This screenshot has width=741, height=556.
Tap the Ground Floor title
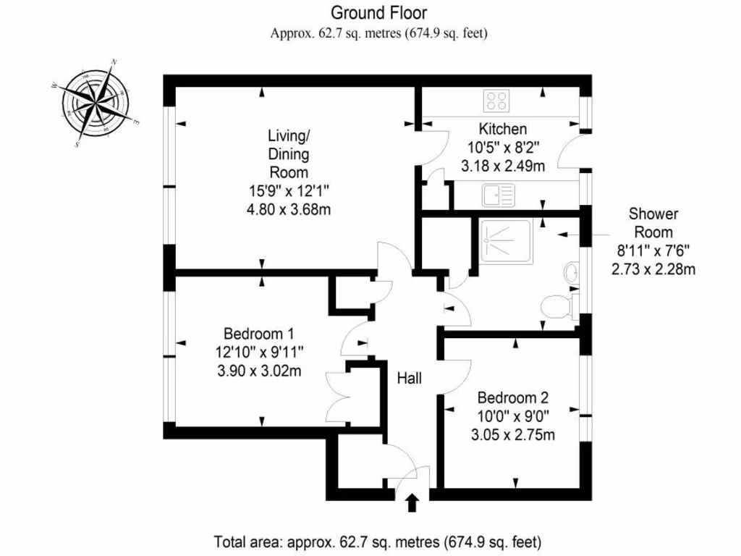coord(378,12)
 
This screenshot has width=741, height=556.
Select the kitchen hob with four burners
coord(496,100)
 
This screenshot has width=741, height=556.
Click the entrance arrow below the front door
coord(412,502)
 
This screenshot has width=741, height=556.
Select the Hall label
coord(409,378)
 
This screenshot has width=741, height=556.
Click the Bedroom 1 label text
coord(258,334)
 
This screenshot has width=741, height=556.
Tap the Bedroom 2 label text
coord(513,397)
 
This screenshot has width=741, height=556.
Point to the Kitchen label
coord(502,130)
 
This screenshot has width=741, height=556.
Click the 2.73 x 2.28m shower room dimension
coord(653,270)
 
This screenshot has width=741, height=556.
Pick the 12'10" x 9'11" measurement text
coord(258,353)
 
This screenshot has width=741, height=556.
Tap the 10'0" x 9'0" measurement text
coord(513,416)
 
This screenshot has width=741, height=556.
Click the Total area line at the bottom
coord(378,541)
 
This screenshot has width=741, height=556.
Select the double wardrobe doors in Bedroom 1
coord(334,395)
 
